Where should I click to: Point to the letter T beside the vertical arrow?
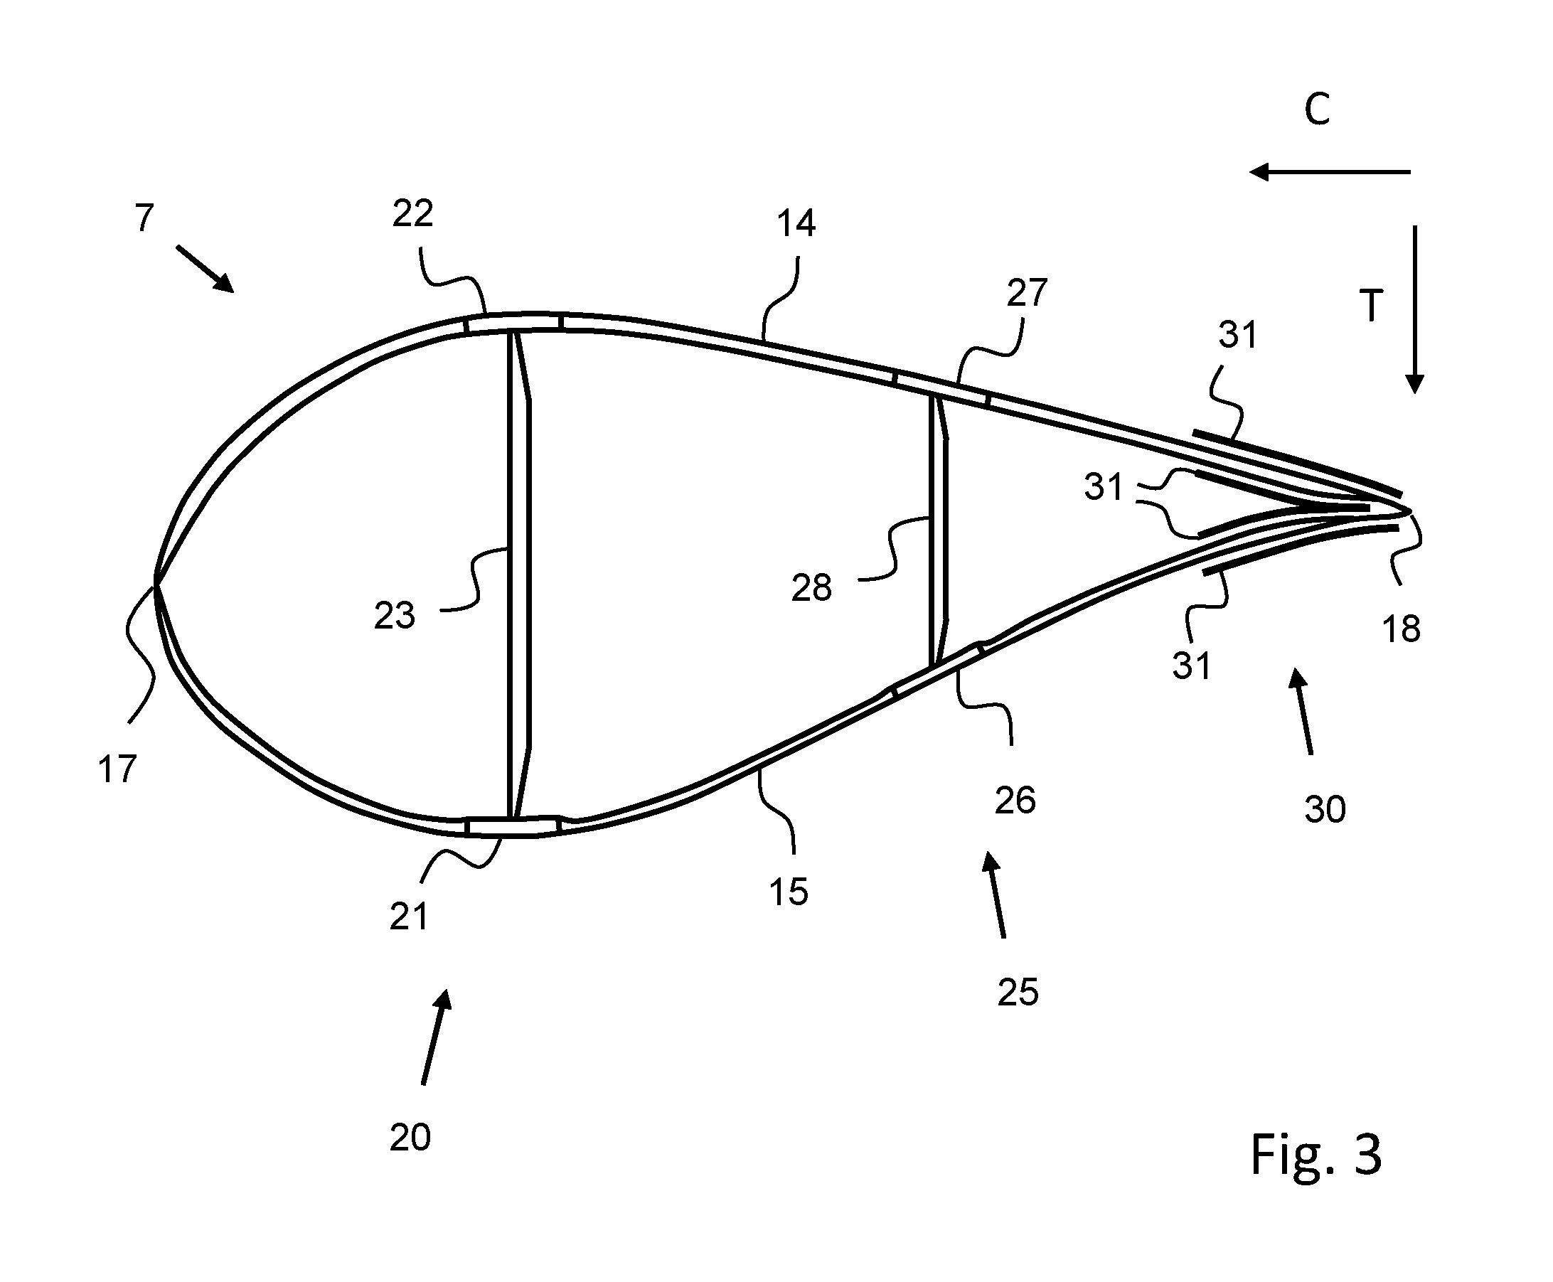(1370, 306)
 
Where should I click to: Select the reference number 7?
(145, 218)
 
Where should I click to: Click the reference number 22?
(412, 214)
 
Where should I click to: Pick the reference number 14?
(795, 223)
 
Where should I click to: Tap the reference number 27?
(1028, 293)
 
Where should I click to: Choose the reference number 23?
(395, 615)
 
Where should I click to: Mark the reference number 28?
(811, 589)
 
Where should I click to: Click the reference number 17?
(117, 769)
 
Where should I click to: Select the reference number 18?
(1401, 629)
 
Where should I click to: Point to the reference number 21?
(409, 917)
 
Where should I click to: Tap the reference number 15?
(789, 892)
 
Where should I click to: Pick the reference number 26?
(1015, 801)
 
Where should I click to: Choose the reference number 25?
(1018, 993)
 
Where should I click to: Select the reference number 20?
(410, 1138)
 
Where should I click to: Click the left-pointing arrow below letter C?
(1329, 172)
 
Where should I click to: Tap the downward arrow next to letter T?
(1414, 310)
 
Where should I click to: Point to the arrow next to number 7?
(206, 269)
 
